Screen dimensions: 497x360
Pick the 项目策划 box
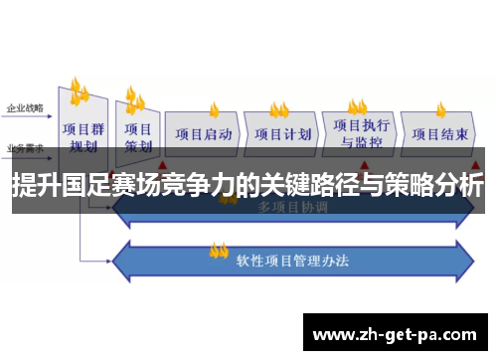pyautogui.click(x=138, y=137)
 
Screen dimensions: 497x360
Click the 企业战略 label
pyautogui.click(x=24, y=106)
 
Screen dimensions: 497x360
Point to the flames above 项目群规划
pyautogui.click(x=79, y=91)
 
